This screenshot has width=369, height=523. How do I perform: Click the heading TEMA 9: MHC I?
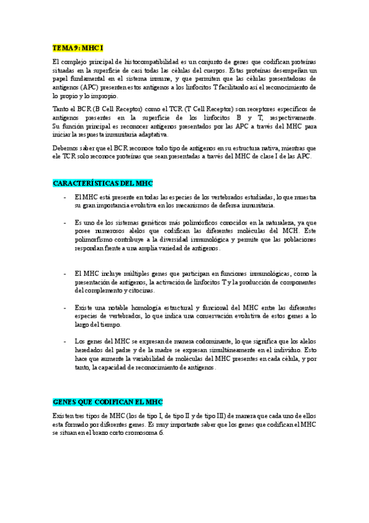pyautogui.click(x=77, y=47)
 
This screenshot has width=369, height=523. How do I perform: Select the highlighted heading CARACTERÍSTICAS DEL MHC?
pyautogui.click(x=102, y=183)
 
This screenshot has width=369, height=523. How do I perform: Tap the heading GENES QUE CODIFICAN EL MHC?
pyautogui.click(x=108, y=402)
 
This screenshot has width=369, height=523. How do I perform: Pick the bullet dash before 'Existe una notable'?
pyautogui.click(x=65, y=307)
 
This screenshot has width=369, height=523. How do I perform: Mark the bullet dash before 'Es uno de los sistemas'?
pyautogui.click(x=65, y=221)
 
